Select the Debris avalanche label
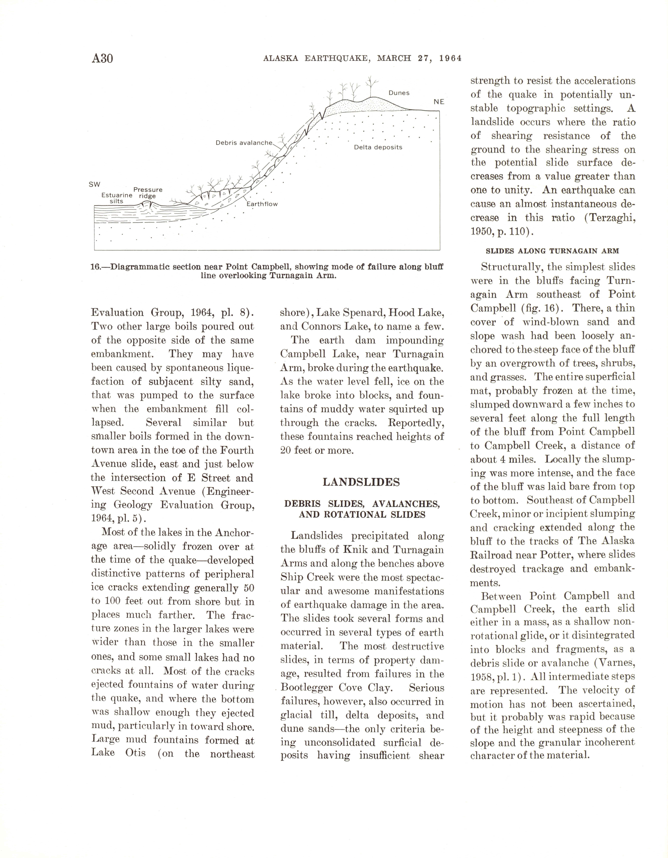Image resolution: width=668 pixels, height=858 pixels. (x=243, y=143)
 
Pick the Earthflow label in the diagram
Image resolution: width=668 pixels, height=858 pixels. (x=262, y=204)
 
